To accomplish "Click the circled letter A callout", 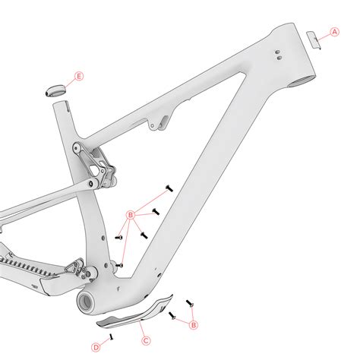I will (x=333, y=32).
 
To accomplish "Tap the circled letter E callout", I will (x=80, y=77).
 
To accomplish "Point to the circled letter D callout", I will (x=95, y=346).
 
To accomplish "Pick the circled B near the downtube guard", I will (x=194, y=325).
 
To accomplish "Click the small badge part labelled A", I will (x=313, y=39).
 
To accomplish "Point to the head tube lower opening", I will (x=302, y=77).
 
